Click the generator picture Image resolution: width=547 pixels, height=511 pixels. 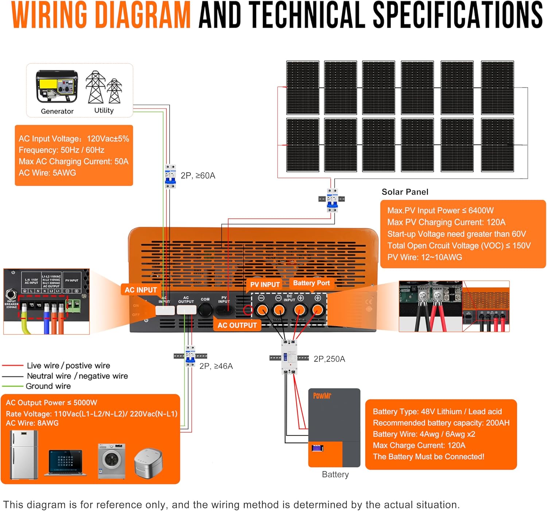[x=57, y=87]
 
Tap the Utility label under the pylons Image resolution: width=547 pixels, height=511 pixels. [x=104, y=110]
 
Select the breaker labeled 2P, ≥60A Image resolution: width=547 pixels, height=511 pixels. [x=170, y=176]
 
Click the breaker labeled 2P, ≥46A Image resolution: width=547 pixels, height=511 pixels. [x=190, y=356]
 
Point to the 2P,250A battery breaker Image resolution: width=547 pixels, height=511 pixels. [x=289, y=357]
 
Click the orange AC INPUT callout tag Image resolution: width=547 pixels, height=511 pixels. [x=141, y=290]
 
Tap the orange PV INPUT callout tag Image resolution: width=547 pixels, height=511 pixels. [x=265, y=285]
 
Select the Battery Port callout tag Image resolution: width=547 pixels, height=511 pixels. [x=311, y=283]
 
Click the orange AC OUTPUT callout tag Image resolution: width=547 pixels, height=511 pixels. [x=237, y=325]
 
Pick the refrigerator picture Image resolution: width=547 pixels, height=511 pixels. [x=24, y=455]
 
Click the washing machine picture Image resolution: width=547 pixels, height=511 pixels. [x=112, y=461]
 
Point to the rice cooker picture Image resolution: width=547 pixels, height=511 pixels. [x=148, y=463]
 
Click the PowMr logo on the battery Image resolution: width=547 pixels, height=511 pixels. [x=322, y=395]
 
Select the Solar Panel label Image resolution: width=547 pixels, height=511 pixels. [x=405, y=192]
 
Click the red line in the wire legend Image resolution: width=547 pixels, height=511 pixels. [x=13, y=365]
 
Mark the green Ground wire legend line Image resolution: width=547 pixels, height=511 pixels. [x=13, y=386]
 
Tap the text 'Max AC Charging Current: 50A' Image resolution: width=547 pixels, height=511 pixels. [x=74, y=161]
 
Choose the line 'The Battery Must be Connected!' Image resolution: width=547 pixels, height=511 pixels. [x=428, y=457]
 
